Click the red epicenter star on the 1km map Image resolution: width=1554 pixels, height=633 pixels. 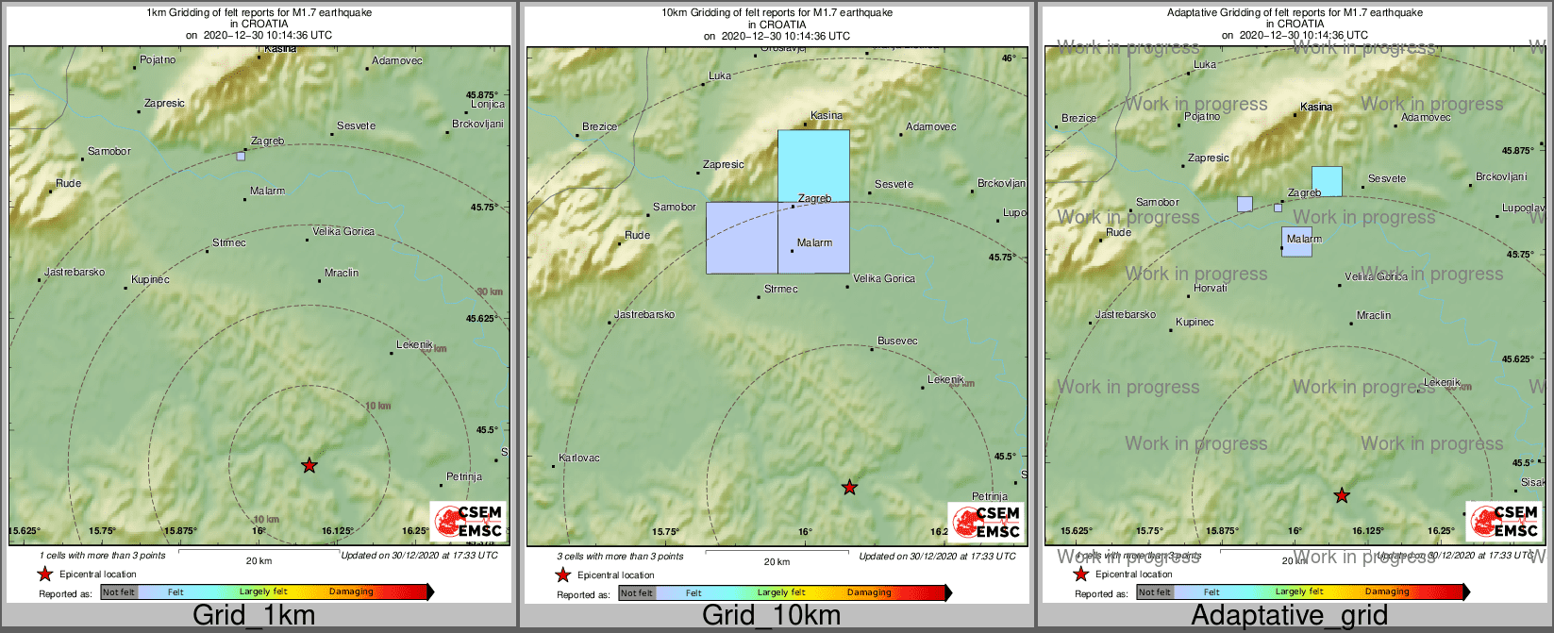[x=309, y=465]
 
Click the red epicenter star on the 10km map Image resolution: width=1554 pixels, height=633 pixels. [x=849, y=488]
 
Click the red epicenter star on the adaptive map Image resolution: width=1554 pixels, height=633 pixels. [x=1341, y=495]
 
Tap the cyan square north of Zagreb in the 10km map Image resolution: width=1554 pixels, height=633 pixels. [x=813, y=165]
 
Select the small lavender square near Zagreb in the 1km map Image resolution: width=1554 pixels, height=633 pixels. [x=241, y=157]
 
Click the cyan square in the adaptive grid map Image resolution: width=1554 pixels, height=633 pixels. [x=1327, y=180]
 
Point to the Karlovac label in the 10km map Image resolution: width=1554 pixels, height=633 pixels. [x=579, y=458]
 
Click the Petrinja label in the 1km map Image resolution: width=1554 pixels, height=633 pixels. [x=464, y=477]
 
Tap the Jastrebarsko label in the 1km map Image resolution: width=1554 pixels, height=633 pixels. [x=75, y=273]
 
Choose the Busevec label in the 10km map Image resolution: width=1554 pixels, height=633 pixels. [x=897, y=341]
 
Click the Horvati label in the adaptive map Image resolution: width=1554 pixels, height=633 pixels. [x=1211, y=288]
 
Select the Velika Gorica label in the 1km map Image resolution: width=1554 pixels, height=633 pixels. [x=343, y=231]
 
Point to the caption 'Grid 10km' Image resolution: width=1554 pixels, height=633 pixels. [x=771, y=616]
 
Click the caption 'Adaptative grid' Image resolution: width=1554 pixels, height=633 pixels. [x=1289, y=616]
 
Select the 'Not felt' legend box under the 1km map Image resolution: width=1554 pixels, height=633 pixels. [x=119, y=592]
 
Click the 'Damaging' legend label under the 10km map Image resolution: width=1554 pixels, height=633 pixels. [x=869, y=593]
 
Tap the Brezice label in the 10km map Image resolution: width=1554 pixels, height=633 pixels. [x=599, y=126]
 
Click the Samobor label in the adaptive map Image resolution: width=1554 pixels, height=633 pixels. [x=1157, y=202]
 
